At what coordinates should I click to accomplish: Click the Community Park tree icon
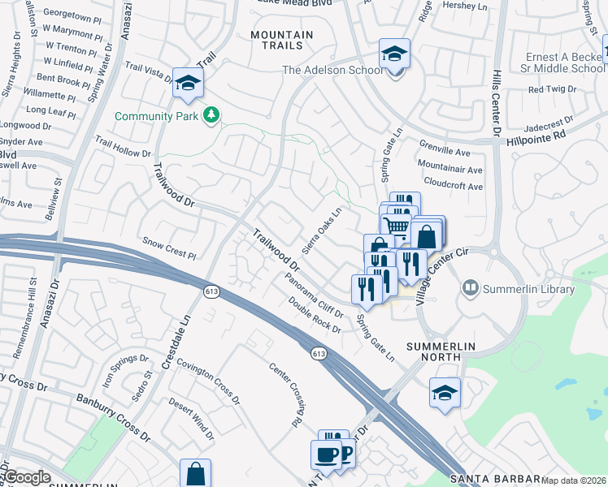click(211, 116)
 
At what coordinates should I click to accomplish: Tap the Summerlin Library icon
click(470, 288)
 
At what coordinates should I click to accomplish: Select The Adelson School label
click(332, 71)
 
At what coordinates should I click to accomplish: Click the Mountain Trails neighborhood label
click(281, 42)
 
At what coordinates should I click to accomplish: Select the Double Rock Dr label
click(315, 313)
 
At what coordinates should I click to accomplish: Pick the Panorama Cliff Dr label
click(315, 295)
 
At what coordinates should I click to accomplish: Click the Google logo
click(28, 477)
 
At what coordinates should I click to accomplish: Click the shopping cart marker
click(396, 224)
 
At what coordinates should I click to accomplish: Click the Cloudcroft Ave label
click(454, 187)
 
